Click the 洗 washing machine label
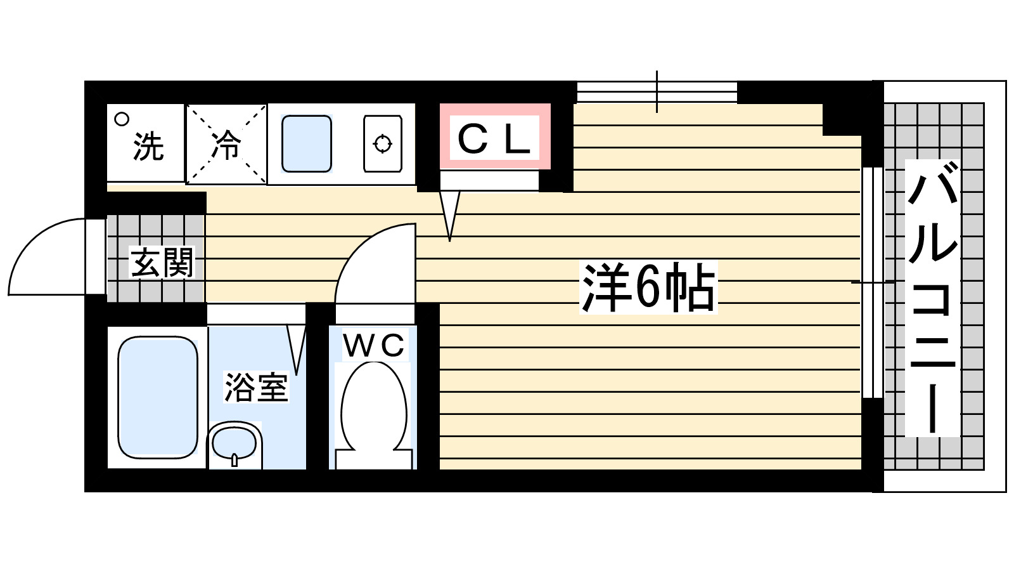point(148,147)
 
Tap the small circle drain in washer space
point(121,119)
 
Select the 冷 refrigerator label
point(226,145)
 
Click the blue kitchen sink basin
point(307,143)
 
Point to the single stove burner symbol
point(383,144)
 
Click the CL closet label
point(494,139)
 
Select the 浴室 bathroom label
point(256,387)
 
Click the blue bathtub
point(158,397)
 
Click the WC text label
point(373,346)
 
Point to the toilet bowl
point(373,406)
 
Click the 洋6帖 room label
point(648,287)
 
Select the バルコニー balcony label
point(932,298)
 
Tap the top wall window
point(657,92)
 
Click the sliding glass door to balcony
point(873,282)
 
